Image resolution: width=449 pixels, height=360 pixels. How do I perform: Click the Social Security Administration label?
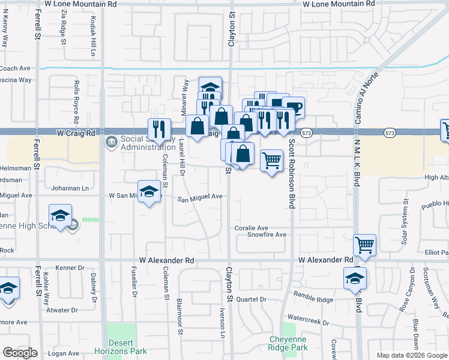click(147, 143)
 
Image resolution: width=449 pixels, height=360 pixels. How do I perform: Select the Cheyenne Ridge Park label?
click(288, 343)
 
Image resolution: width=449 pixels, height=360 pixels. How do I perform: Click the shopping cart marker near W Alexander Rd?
click(365, 245)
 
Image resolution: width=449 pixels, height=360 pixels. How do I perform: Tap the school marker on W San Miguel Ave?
click(149, 192)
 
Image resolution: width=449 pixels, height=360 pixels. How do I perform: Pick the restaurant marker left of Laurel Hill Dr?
click(159, 128)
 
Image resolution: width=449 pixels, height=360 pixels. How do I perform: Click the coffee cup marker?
click(293, 108)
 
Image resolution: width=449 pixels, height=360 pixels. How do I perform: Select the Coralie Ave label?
click(252, 228)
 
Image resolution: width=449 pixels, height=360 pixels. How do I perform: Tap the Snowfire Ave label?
click(267, 235)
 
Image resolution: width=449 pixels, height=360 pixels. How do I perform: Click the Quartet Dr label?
click(251, 299)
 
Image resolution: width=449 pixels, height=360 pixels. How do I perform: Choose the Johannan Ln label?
click(68, 188)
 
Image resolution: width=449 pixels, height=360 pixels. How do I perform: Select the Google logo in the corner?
click(20, 352)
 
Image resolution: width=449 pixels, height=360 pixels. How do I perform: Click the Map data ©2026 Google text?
click(411, 355)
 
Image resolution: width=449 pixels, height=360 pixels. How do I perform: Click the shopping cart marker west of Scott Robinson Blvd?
click(271, 160)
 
